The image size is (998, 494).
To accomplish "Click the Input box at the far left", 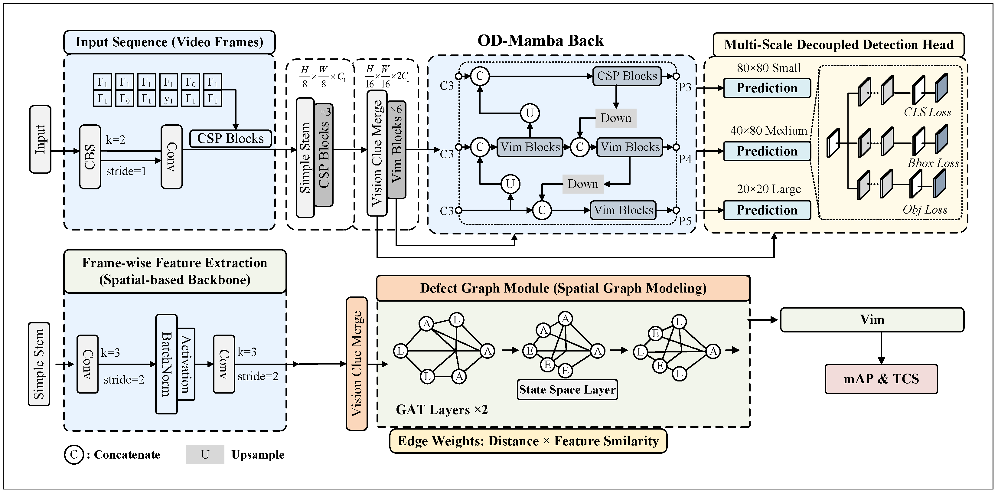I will click(40, 139).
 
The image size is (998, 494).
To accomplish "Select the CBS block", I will click(90, 157).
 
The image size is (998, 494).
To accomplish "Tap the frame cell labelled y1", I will click(168, 99).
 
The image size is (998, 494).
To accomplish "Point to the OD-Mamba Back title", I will click(540, 41).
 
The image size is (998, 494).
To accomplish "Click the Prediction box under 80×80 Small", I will click(767, 88).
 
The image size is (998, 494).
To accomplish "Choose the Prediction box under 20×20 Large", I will click(767, 210).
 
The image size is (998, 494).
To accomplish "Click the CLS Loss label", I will click(927, 112).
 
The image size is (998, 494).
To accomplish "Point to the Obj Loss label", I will click(925, 210).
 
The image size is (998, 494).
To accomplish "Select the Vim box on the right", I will click(872, 320).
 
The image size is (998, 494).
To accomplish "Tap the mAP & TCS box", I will click(881, 378).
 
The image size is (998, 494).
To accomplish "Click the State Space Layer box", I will click(567, 389).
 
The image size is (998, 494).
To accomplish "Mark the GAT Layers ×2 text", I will click(442, 410).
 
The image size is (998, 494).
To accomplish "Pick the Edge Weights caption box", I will click(528, 441).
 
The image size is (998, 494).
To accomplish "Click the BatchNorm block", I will click(166, 364).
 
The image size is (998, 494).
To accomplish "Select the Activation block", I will click(186, 364).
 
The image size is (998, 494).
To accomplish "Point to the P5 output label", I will click(685, 221).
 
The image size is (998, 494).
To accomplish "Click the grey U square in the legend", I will click(205, 454).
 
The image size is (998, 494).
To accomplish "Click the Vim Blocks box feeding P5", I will click(623, 210).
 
